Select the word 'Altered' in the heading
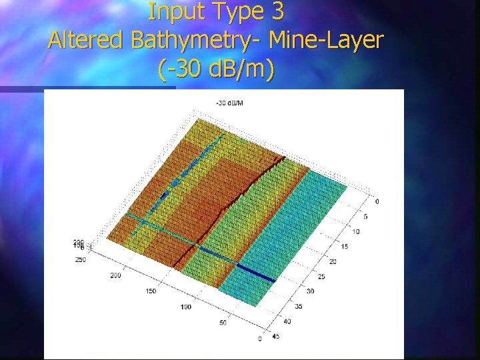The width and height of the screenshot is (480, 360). [87, 40]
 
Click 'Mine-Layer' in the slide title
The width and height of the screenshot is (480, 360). [327, 40]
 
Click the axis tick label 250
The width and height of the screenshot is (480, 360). [80, 259]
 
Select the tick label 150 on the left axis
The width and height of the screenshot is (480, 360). [151, 291]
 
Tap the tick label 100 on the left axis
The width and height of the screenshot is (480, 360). [185, 307]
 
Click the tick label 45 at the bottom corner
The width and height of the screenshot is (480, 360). [275, 336]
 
